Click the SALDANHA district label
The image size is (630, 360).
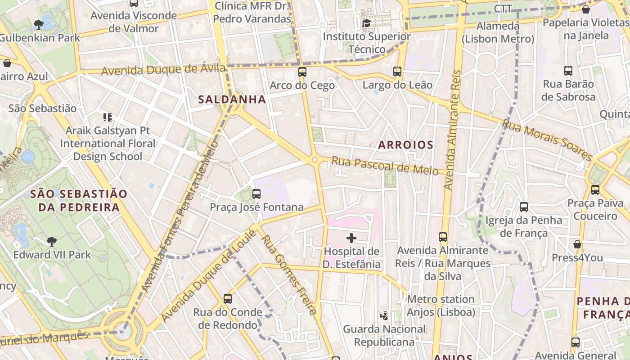232,99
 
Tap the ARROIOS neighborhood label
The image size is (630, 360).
405,145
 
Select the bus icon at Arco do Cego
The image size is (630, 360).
302,72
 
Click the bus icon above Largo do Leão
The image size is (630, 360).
397,72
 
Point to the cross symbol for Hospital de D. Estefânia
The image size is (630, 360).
351,238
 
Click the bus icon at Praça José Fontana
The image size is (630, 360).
256,194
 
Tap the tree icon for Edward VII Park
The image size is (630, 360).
52,242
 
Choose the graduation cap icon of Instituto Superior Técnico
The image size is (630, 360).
367,23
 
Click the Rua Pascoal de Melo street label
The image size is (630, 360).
385,166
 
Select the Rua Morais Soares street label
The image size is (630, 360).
548,139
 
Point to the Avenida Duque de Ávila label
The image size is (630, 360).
163,70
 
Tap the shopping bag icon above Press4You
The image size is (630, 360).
577,244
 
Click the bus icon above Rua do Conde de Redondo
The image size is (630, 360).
228,299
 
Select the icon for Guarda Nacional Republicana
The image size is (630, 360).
384,315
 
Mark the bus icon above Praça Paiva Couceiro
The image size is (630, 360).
595,190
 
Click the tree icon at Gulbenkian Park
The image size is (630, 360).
39,25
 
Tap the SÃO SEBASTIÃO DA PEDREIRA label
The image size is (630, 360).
79,201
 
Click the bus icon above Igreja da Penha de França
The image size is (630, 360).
524,207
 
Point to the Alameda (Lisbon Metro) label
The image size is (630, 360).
498,32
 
